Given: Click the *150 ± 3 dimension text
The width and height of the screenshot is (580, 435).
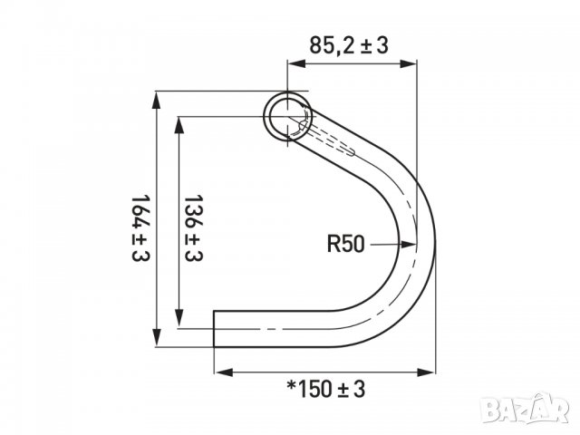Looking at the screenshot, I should tap(325, 390).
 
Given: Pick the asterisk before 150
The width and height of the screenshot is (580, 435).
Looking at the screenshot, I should tap(291, 388).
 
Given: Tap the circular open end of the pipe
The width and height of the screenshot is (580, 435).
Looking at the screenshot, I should tap(287, 115).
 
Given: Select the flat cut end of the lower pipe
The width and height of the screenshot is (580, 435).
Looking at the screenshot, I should tap(215, 328).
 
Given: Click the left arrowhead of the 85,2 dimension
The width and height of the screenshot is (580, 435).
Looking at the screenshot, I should tap(293, 63).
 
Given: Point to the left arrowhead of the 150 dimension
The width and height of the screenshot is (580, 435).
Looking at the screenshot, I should tap(221, 371).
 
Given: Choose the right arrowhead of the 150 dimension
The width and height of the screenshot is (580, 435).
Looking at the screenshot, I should tap(428, 371).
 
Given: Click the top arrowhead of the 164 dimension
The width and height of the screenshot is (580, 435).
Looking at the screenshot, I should tap(159, 97).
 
